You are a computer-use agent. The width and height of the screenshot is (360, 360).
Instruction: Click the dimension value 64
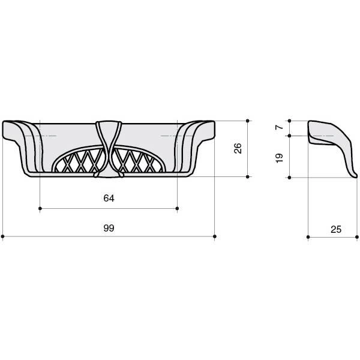tap(109, 198)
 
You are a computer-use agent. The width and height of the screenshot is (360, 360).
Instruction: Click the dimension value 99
tap(109, 228)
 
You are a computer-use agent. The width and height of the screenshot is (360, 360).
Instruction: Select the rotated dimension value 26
tap(238, 148)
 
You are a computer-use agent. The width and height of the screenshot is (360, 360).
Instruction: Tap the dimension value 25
tap(336, 229)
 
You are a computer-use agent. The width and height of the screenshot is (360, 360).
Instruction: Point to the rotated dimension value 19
tap(280, 158)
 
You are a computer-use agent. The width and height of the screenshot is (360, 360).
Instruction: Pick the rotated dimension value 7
tap(280, 127)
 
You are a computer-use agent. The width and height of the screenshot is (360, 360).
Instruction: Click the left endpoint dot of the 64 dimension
tap(40, 208)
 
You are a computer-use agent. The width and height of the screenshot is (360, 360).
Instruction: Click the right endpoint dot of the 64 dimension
tap(177, 208)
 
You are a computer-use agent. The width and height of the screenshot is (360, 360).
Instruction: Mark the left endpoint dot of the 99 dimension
tap(2, 236)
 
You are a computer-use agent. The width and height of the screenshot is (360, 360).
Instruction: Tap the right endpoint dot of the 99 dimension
tap(215, 236)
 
